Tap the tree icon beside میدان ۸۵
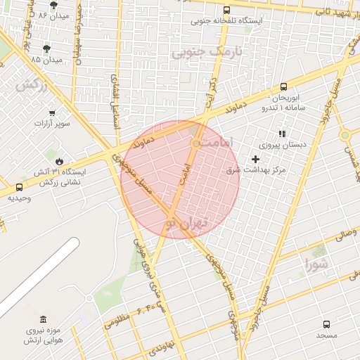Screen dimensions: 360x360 click(x=46, y=49)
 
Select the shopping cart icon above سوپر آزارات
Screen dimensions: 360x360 click(x=52, y=112)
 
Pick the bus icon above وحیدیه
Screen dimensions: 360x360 click(x=18, y=187)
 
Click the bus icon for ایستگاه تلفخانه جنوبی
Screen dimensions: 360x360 click(x=226, y=11)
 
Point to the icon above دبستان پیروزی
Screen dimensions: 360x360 click(x=282, y=133)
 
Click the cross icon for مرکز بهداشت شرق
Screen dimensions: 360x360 click(x=255, y=159)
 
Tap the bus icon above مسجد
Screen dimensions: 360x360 click(x=326, y=324)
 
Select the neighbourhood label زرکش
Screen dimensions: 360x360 click(x=30, y=84)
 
